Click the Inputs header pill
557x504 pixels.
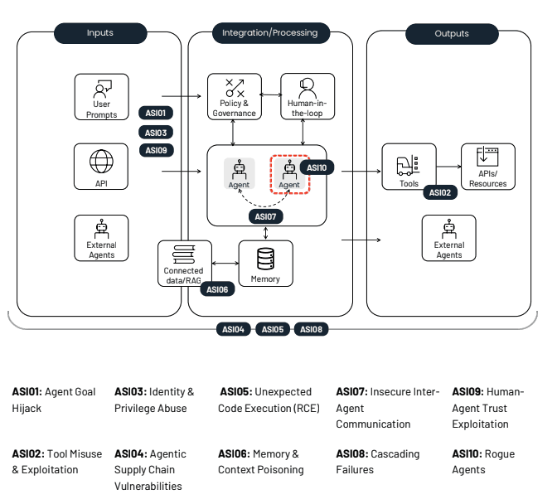click(x=99, y=33)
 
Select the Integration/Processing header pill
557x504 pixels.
click(x=269, y=33)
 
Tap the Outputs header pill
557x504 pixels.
click(x=451, y=34)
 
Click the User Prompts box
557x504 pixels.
click(x=101, y=97)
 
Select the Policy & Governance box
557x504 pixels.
click(x=234, y=97)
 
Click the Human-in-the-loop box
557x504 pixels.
click(x=307, y=97)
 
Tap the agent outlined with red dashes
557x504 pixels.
click(x=289, y=173)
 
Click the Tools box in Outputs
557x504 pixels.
click(x=409, y=167)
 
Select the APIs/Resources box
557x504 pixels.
click(x=487, y=167)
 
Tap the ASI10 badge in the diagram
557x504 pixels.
click(x=317, y=167)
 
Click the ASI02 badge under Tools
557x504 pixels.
click(x=439, y=192)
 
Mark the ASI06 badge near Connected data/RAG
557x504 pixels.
click(x=216, y=289)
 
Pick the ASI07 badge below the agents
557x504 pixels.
click(x=265, y=216)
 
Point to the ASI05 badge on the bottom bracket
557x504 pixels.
click(x=272, y=329)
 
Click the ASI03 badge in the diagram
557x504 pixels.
click(x=156, y=133)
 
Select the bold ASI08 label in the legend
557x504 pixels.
click(x=352, y=454)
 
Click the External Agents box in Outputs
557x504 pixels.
click(x=448, y=238)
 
